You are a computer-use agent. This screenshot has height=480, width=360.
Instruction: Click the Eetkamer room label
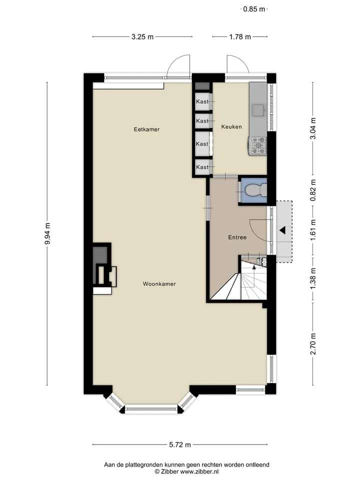pos(146,129)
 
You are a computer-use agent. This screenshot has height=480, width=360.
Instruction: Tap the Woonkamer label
pos(159,284)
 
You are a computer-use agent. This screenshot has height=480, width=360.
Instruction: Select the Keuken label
pos(231,126)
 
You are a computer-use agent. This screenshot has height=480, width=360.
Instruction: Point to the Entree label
pos(237,237)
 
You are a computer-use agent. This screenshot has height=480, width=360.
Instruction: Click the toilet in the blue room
pos(256,190)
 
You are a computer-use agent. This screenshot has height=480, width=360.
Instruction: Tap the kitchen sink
pos(258,110)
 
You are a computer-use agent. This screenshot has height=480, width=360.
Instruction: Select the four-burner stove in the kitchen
pos(258,145)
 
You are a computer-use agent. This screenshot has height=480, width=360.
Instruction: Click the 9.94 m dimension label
pos(47,234)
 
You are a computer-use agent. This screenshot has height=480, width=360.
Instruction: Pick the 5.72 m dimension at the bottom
pos(180,445)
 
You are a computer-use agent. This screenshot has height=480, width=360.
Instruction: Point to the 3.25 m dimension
pos(142,37)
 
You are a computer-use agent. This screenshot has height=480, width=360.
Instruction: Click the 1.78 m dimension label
pos(240,37)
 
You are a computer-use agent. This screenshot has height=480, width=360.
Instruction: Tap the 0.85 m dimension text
pos(254,9)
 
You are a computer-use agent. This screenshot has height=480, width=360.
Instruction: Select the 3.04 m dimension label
pos(313,128)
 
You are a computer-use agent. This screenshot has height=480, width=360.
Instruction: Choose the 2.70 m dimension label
pos(313,344)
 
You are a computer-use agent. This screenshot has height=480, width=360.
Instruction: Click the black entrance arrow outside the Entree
pos(282,230)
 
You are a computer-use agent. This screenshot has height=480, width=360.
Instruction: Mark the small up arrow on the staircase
pos(254,267)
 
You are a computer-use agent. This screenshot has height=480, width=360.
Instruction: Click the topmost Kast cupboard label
pos(202,101)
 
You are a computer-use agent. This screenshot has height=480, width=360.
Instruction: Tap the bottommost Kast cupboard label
pos(202,167)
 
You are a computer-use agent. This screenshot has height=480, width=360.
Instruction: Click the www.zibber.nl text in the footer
pos(199,471)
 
